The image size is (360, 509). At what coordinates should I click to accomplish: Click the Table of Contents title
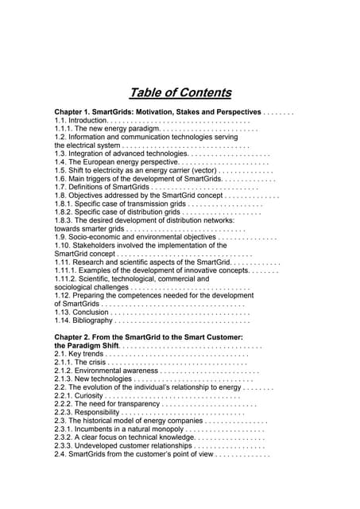pyautogui.click(x=181, y=91)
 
